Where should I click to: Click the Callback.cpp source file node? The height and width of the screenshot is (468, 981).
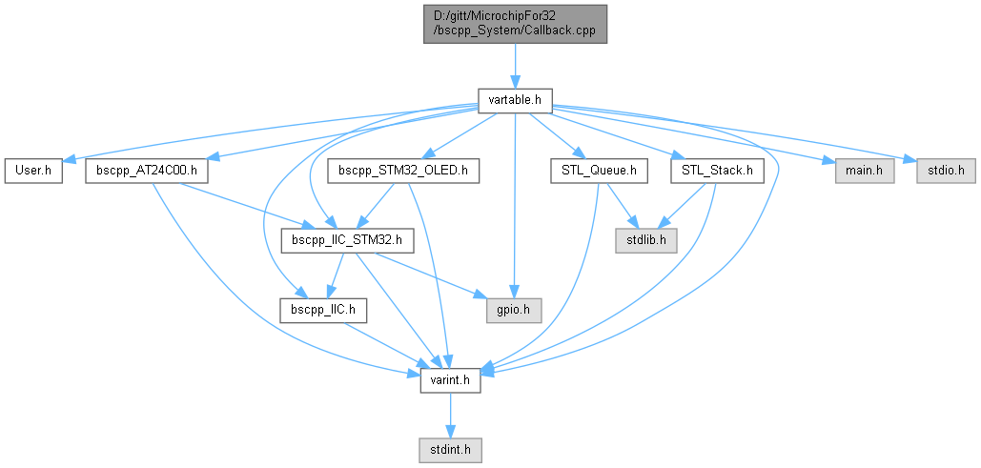click(x=515, y=22)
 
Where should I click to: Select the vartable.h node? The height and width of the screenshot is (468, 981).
click(x=515, y=99)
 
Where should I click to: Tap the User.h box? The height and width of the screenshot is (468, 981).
click(x=32, y=172)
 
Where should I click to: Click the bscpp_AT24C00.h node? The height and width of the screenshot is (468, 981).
click(x=147, y=172)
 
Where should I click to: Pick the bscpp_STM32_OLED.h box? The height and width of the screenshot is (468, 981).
click(x=403, y=172)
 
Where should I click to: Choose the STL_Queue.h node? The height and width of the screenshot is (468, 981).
click(x=600, y=172)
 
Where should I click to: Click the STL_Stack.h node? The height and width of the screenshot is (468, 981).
click(x=718, y=172)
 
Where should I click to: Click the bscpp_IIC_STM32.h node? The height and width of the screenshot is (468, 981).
click(x=347, y=240)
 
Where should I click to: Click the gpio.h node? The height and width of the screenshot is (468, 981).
click(x=514, y=310)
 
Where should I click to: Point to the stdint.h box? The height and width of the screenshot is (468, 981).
click(x=450, y=447)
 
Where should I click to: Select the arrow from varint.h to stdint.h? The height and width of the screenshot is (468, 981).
click(x=450, y=414)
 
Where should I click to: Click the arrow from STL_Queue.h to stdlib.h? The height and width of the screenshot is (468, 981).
click(x=623, y=205)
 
